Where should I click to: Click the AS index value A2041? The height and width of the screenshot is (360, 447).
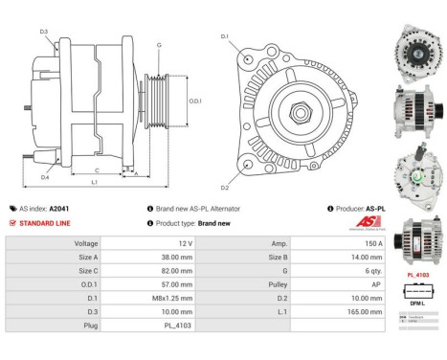(59, 208)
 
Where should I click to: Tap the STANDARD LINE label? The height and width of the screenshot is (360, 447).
(42, 222)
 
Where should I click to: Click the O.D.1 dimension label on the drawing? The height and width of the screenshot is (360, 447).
(194, 101)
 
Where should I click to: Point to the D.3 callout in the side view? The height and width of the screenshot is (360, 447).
(44, 32)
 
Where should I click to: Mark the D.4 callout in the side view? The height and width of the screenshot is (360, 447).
(44, 177)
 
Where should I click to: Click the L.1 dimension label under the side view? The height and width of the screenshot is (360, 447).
(94, 181)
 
